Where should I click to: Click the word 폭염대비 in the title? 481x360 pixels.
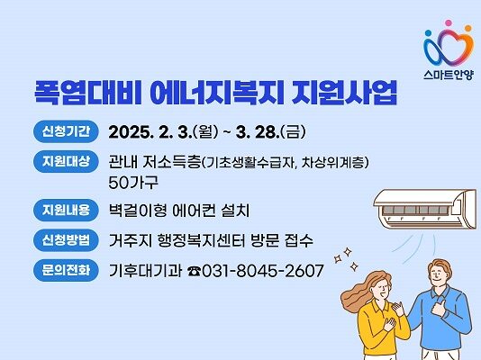[x=75, y=92]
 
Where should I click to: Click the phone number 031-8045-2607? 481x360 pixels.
[x=262, y=270]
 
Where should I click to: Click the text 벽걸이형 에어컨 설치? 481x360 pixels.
[x=178, y=211]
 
